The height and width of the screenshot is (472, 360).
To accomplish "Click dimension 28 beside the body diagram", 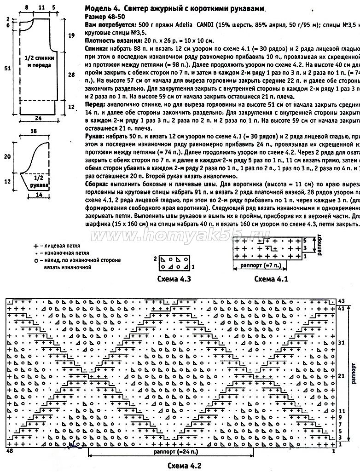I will pyautogui.click(x=71, y=74).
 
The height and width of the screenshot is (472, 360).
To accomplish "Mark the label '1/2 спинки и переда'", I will pyautogui.click(x=38, y=63).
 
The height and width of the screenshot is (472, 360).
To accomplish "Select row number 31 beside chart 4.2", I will pyautogui.click(x=341, y=343).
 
